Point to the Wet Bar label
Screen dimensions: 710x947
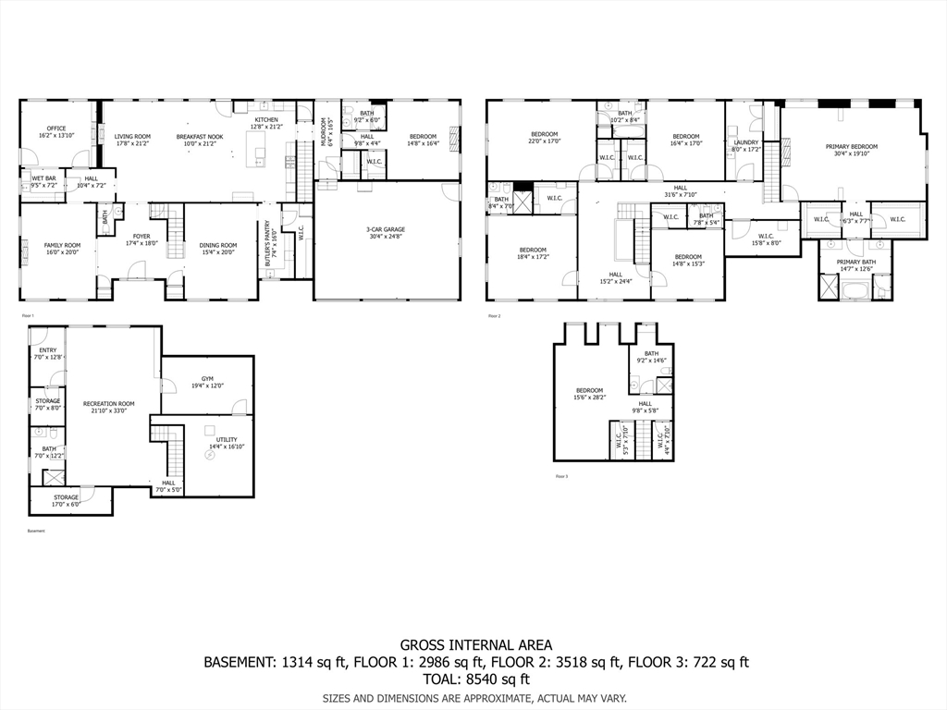[43, 177]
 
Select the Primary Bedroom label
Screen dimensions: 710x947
[851, 146]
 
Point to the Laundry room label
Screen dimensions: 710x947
[745, 142]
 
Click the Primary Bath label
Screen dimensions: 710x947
[855, 262]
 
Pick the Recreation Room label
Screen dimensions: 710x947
[108, 403]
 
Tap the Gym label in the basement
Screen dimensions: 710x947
[207, 379]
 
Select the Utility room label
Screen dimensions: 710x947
[227, 439]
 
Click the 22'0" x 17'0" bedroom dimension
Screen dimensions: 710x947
[544, 142]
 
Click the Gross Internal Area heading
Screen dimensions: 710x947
[475, 644]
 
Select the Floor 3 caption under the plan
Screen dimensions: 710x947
[561, 476]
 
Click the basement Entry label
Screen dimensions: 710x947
[47, 350]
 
